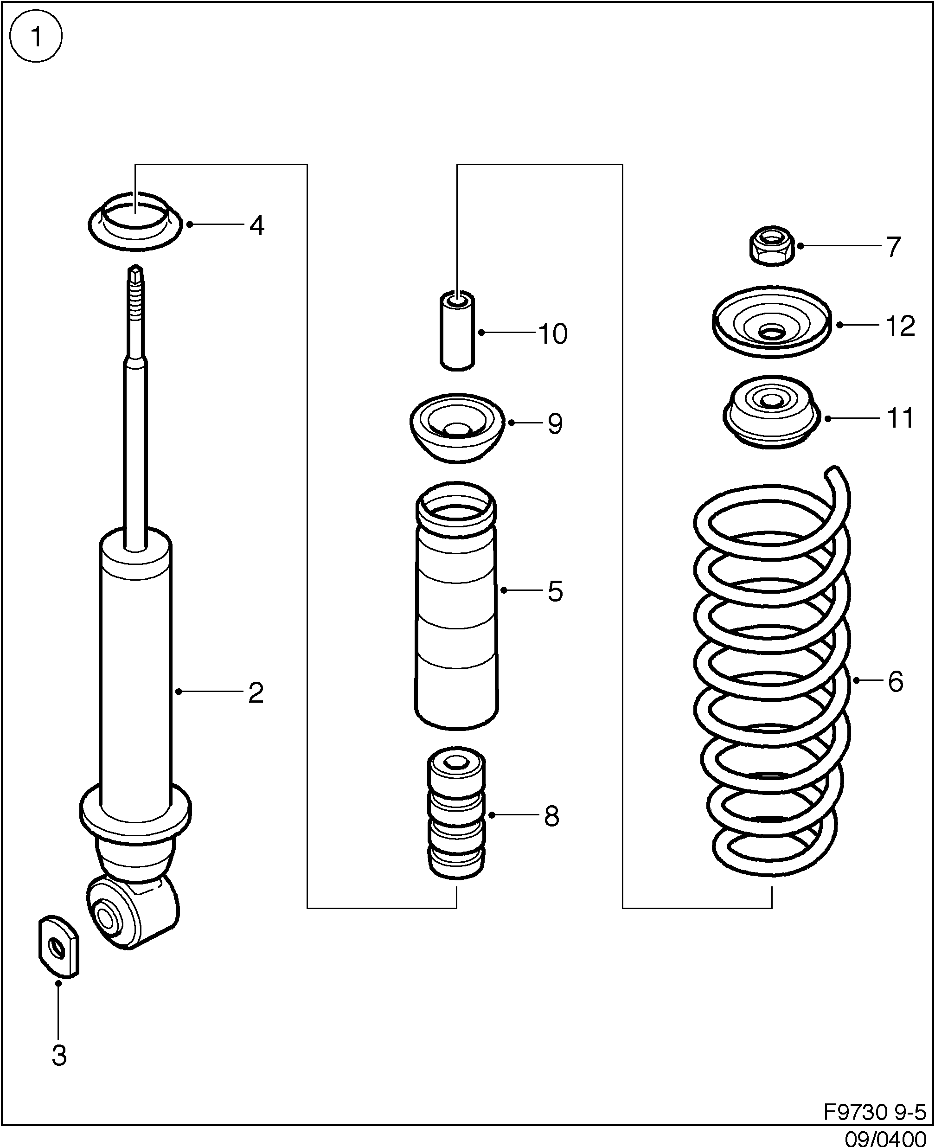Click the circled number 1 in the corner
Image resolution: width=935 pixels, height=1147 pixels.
(36, 37)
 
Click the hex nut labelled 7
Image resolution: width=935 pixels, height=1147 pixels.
(771, 246)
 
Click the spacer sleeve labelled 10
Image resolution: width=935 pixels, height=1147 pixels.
(457, 332)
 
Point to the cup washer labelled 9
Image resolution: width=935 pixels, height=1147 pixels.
(457, 428)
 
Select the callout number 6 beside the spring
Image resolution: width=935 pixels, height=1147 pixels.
(895, 682)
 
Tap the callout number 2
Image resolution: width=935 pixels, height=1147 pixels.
(255, 693)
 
